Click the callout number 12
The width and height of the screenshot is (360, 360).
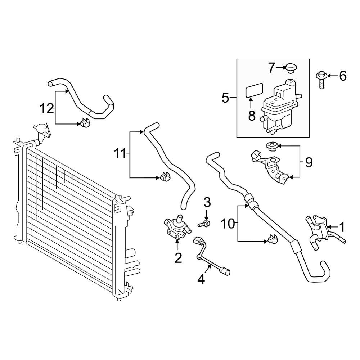(x=46, y=108)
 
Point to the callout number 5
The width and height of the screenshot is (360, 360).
(x=225, y=98)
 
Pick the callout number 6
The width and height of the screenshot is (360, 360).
(x=343, y=76)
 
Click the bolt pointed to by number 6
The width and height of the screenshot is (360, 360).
(x=322, y=80)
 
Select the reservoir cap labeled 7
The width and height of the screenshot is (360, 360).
(x=291, y=69)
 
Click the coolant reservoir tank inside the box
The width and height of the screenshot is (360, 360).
(x=280, y=107)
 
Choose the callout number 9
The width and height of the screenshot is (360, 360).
(x=309, y=163)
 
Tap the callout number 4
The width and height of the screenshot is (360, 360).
(x=201, y=279)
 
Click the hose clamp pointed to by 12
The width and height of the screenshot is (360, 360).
(x=85, y=122)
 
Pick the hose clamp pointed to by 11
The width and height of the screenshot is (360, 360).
(x=165, y=176)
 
